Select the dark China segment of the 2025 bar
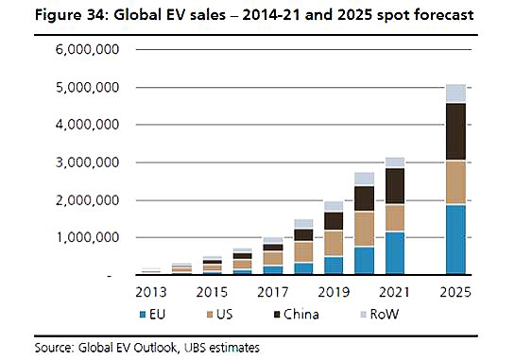point(455,131)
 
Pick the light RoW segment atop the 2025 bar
point(455,93)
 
